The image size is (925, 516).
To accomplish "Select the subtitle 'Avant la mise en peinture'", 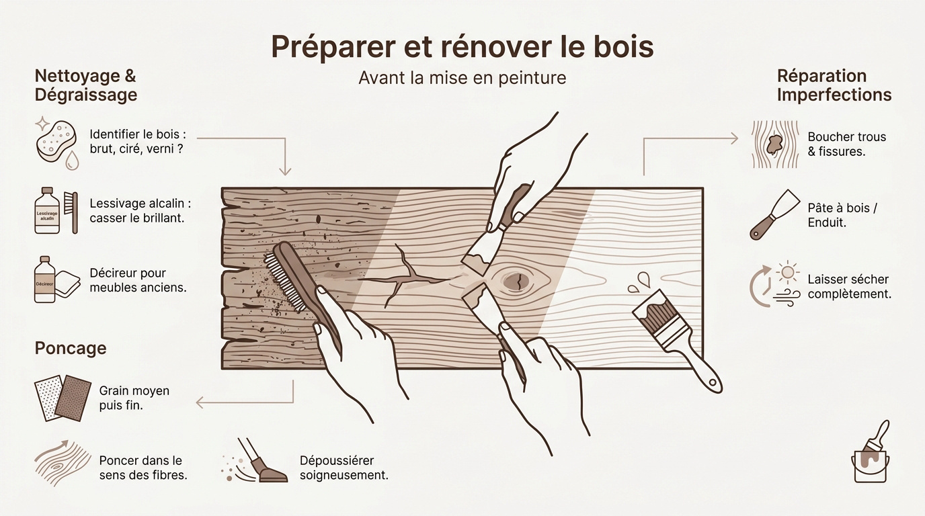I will pyautogui.click(x=462, y=78).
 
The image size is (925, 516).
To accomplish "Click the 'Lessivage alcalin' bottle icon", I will pyautogui.click(x=47, y=211).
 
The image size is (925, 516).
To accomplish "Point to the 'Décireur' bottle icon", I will pyautogui.click(x=45, y=279).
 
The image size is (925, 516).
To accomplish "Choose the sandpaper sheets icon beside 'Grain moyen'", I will pyautogui.click(x=63, y=398).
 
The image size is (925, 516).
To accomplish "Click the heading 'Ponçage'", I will pyautogui.click(x=70, y=348).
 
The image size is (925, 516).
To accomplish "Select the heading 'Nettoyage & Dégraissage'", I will pyautogui.click(x=85, y=85).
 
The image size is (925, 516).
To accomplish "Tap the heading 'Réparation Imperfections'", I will pyautogui.click(x=834, y=85).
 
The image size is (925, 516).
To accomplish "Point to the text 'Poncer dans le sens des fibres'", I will pyautogui.click(x=143, y=468).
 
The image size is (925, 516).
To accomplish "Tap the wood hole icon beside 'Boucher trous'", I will pyautogui.click(x=774, y=144).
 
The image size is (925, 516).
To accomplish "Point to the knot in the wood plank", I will pyautogui.click(x=516, y=281).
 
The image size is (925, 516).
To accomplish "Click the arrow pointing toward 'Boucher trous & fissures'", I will pyautogui.click(x=692, y=138).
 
